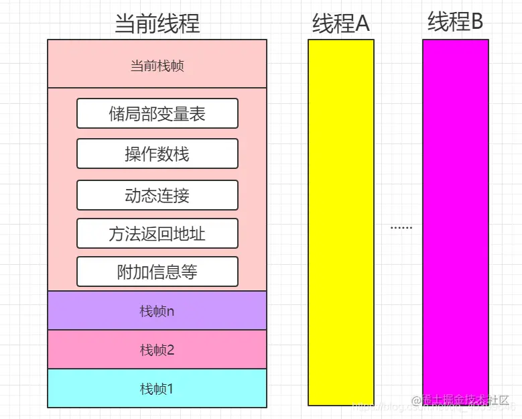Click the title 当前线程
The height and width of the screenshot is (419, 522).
click(157, 23)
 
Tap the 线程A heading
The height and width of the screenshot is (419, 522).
click(340, 23)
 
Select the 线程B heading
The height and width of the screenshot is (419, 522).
click(455, 21)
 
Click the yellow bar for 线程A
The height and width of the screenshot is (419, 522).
click(340, 221)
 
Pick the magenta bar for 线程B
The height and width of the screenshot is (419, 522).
click(455, 221)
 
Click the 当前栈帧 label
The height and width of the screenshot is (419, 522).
click(157, 66)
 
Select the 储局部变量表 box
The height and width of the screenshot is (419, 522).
click(157, 113)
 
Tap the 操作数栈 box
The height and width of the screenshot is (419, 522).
click(157, 154)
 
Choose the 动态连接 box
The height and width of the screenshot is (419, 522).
click(157, 195)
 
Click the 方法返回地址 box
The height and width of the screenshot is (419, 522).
click(157, 233)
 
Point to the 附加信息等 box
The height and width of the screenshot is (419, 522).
click(157, 272)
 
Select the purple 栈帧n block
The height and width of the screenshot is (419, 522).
click(157, 310)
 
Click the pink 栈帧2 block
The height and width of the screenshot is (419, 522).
click(157, 349)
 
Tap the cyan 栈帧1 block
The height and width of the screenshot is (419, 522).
click(157, 388)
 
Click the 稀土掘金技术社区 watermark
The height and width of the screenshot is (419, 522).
click(464, 400)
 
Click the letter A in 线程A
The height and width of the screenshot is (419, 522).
click(362, 23)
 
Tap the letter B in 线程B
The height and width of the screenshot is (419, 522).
click(476, 21)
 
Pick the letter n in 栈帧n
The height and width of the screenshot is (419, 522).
click(170, 312)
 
